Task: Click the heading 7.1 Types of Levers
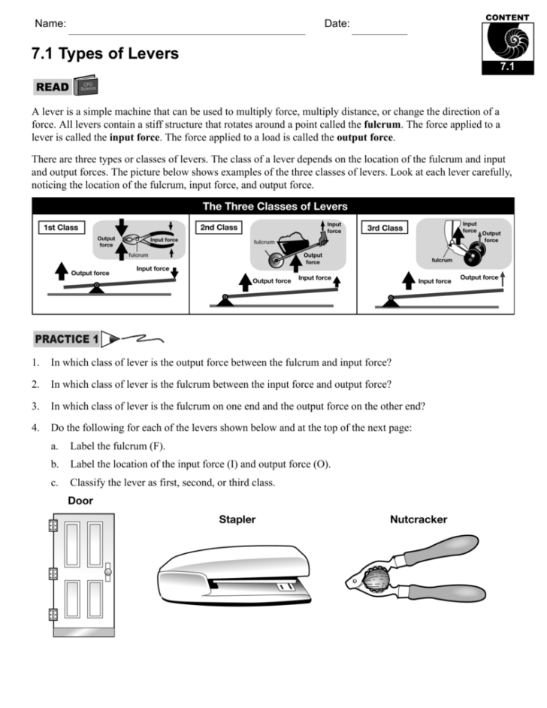pos(105,54)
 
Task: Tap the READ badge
pos(53,87)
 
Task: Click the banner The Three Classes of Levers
pos(274,206)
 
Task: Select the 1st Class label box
pos(59,227)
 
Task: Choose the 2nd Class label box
pos(218,227)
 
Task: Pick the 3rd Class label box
pos(385,228)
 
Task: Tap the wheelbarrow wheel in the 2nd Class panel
pos(277,260)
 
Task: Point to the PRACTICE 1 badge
pos(66,339)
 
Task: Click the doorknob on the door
pos(107,573)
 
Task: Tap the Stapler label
pos(237,519)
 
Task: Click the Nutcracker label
pos(419,519)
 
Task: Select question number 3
pos(35,406)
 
